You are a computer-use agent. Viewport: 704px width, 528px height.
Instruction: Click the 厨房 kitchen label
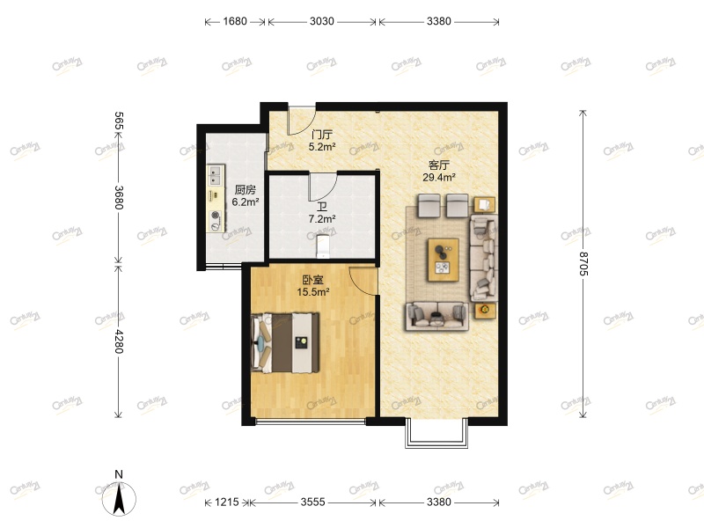click(x=246, y=189)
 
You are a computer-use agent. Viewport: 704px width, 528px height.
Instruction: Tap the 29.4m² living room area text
click(x=439, y=177)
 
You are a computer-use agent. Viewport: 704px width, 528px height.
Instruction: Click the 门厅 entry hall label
click(x=322, y=135)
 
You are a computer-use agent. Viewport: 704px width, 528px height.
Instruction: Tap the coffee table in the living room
click(x=443, y=260)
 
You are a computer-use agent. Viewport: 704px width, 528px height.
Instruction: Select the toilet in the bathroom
click(x=323, y=246)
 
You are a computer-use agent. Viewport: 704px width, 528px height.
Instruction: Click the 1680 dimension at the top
click(x=235, y=22)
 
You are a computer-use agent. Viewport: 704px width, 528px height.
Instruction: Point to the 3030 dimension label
click(x=322, y=22)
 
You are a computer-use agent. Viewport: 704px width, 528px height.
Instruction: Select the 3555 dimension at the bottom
click(x=314, y=502)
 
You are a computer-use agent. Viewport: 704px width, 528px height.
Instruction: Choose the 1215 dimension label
click(x=228, y=502)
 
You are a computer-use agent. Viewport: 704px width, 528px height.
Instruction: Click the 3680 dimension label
click(x=119, y=195)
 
